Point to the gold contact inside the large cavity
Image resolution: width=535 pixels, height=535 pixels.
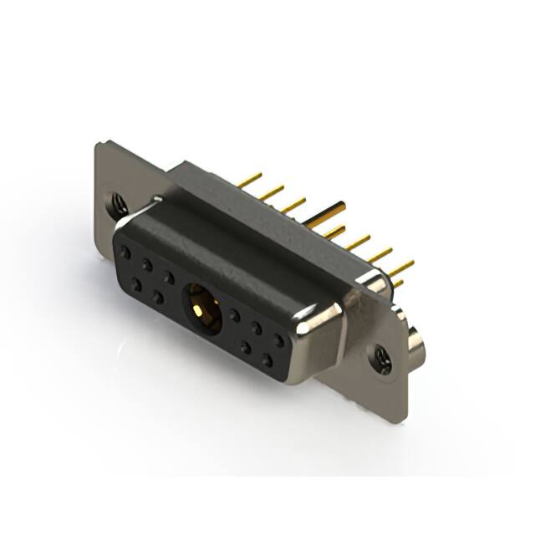click(199, 310)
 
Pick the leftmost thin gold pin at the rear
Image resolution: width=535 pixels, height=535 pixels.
click(248, 179)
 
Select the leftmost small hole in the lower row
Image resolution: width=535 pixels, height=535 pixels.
click(135, 284)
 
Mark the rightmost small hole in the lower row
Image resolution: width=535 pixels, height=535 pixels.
click(267, 361)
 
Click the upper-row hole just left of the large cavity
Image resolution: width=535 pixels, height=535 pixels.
click(169, 276)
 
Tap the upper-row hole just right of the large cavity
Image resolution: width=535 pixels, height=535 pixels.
click(235, 316)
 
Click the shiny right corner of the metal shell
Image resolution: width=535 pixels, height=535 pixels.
click(326, 322)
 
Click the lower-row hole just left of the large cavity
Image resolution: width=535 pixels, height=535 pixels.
click(157, 296)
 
